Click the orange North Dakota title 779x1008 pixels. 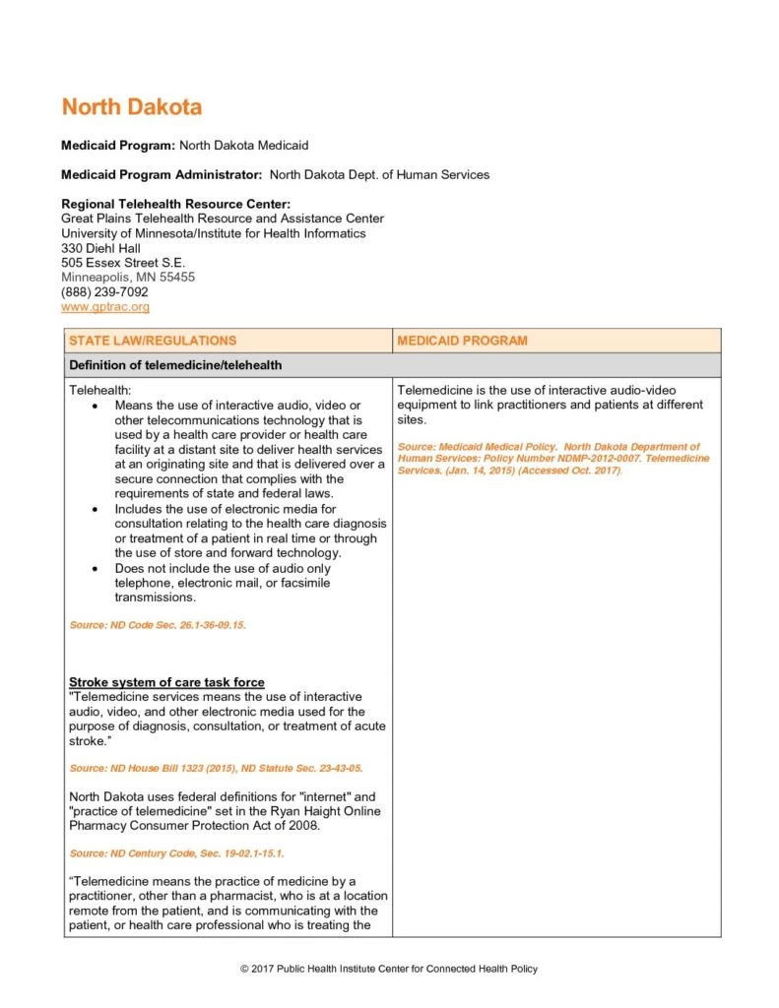tap(132, 106)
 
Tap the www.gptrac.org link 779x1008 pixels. tap(105, 307)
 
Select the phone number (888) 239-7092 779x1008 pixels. tap(104, 292)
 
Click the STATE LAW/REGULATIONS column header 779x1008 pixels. tap(153, 341)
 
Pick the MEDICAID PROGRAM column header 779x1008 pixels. tap(462, 341)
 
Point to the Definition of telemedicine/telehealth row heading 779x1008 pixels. tap(175, 365)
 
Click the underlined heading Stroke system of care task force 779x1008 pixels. tap(166, 682)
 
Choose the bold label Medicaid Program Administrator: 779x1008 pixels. tap(162, 174)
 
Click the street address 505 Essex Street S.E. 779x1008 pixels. tap(123, 263)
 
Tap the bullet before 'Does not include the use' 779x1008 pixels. tap(94, 569)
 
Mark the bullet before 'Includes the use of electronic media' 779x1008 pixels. tap(94, 510)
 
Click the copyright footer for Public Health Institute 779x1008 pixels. tap(389, 970)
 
